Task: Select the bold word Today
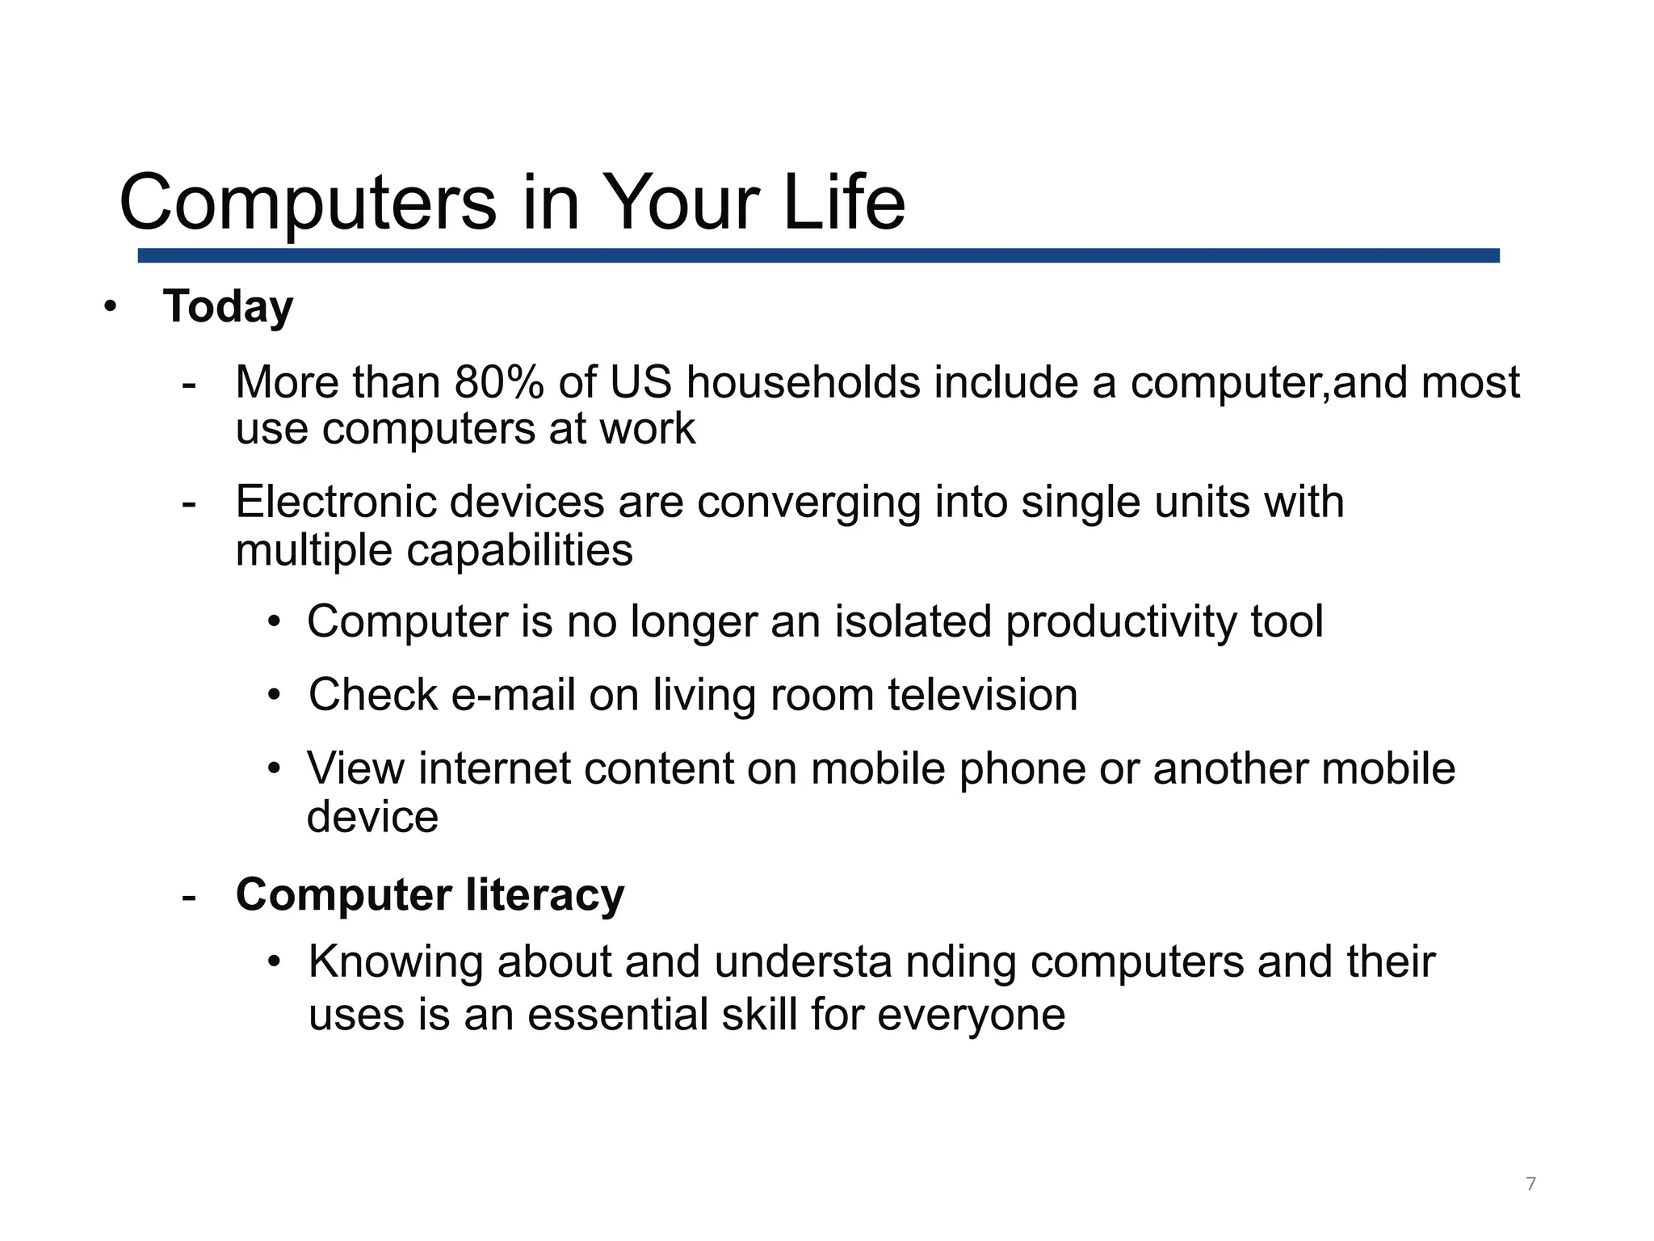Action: pos(228,307)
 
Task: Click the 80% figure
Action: pos(499,382)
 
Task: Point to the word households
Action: pos(803,382)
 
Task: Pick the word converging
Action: pos(808,503)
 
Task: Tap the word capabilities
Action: pos(519,551)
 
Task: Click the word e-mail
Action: pos(512,695)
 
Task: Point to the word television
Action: pos(982,695)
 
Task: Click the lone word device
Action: pos(372,817)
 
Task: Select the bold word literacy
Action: pos(544,895)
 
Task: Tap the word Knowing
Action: pos(395,963)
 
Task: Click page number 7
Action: pos(1530,1184)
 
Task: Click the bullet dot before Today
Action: pos(111,307)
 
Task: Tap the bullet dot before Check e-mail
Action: pos(275,695)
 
